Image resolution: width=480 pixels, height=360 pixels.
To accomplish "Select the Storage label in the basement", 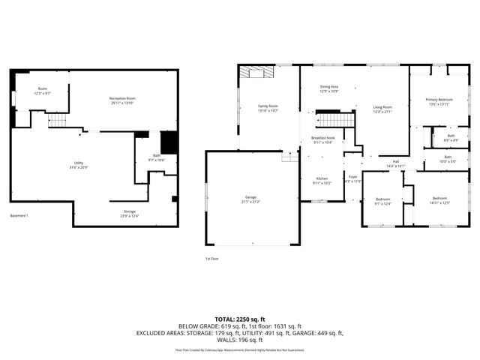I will click(x=130, y=212).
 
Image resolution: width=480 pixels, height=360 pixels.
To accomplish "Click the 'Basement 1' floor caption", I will click(x=19, y=217).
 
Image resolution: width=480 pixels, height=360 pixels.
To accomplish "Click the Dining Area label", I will click(x=329, y=87).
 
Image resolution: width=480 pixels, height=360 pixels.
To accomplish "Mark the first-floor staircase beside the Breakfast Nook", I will click(x=334, y=119).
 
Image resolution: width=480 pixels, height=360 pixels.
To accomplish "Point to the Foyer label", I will click(x=352, y=177).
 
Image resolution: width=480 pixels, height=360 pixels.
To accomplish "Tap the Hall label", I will click(x=395, y=162).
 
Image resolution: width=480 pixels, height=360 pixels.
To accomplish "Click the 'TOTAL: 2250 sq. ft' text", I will click(x=240, y=318).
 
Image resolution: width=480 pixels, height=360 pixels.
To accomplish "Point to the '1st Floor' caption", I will click(x=212, y=259).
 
